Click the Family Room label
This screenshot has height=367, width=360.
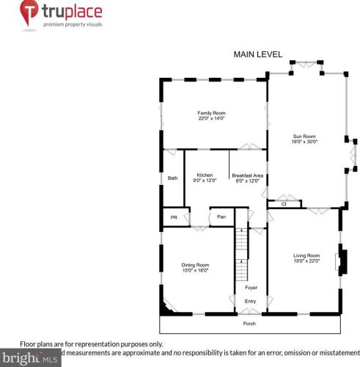click(210, 113)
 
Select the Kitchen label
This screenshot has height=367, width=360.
click(205, 175)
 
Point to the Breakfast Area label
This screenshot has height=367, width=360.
click(247, 175)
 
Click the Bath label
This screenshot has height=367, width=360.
click(172, 178)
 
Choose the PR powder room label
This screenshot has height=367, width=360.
click(173, 217)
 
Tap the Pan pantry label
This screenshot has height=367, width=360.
click(221, 217)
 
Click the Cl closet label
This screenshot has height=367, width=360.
click(284, 204)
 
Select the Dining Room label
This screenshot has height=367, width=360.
click(196, 265)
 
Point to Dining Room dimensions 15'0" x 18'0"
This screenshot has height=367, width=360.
click(196, 271)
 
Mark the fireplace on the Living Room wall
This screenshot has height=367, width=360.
click(339, 263)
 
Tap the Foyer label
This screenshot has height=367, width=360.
click(251, 288)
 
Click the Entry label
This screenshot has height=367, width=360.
click(251, 302)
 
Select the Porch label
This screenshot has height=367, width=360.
click(250, 323)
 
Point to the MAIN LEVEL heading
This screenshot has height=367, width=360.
click(257, 54)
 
